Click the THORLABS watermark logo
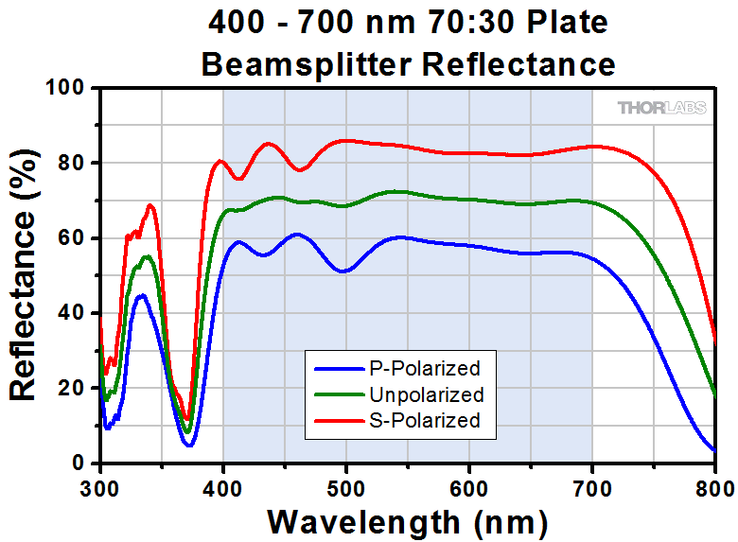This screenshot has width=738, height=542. tap(661, 108)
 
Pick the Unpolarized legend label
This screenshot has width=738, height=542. tap(428, 394)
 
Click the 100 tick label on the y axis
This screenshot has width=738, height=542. tap(68, 88)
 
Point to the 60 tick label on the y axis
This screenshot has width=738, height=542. tap(74, 238)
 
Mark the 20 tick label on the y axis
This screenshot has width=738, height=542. tap(74, 389)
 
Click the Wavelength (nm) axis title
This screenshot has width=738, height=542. tap(407, 520)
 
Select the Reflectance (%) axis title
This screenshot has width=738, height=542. tap(26, 274)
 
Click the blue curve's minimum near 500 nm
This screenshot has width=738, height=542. tap(343, 271)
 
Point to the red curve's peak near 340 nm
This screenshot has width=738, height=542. tap(149, 205)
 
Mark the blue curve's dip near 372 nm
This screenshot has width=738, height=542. tap(189, 445)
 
